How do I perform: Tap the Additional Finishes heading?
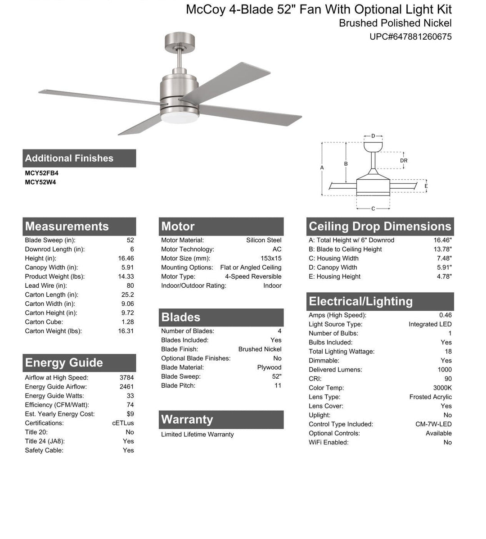(69, 159)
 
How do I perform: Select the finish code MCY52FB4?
(41, 173)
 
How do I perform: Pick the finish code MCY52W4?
(40, 182)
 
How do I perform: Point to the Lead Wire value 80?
(130, 285)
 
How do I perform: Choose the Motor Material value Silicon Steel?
(264, 240)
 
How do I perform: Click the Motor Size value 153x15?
(271, 258)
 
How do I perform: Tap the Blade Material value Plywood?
(269, 367)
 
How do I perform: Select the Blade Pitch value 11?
(278, 385)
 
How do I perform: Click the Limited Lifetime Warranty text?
(197, 435)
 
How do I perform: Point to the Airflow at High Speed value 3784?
(126, 378)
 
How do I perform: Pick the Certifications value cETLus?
(123, 423)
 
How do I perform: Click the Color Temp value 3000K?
(442, 388)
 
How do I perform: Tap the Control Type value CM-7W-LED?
(433, 424)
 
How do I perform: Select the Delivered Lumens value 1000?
(444, 370)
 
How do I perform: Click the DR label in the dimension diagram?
(404, 161)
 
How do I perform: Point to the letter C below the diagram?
(373, 208)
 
